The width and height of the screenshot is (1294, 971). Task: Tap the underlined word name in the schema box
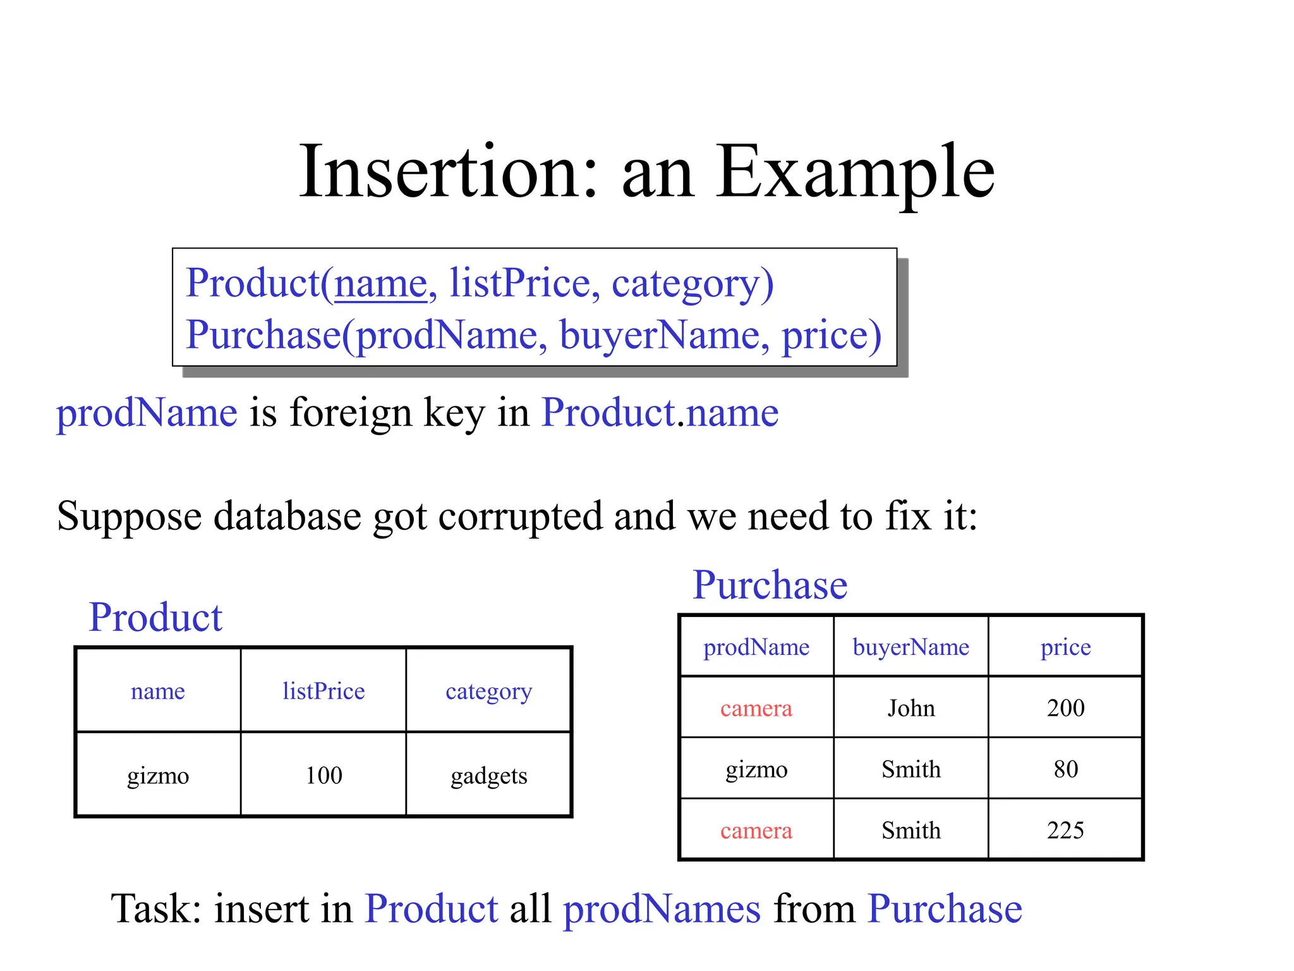[381, 283]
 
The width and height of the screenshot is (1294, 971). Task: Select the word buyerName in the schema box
[664, 335]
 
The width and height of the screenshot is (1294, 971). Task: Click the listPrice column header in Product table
[323, 691]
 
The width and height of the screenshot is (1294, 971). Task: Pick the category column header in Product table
[488, 692]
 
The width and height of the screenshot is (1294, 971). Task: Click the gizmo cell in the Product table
[158, 776]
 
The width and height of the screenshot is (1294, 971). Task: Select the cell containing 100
[323, 776]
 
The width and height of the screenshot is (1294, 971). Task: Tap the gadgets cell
[488, 776]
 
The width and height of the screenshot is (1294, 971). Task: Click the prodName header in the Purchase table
[756, 647]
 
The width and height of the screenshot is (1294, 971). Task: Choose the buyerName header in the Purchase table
[910, 647]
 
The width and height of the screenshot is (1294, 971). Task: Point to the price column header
[1065, 647]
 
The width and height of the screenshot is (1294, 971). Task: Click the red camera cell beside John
[756, 708]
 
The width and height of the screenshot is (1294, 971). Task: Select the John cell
[910, 708]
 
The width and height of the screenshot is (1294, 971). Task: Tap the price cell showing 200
[1065, 708]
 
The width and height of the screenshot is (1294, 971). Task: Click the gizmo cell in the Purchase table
[756, 769]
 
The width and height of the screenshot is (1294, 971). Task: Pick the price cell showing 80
[1065, 769]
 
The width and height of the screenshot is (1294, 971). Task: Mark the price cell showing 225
[1065, 830]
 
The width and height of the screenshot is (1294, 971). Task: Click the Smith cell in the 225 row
[910, 830]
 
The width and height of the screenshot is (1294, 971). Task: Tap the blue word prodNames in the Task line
[662, 910]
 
